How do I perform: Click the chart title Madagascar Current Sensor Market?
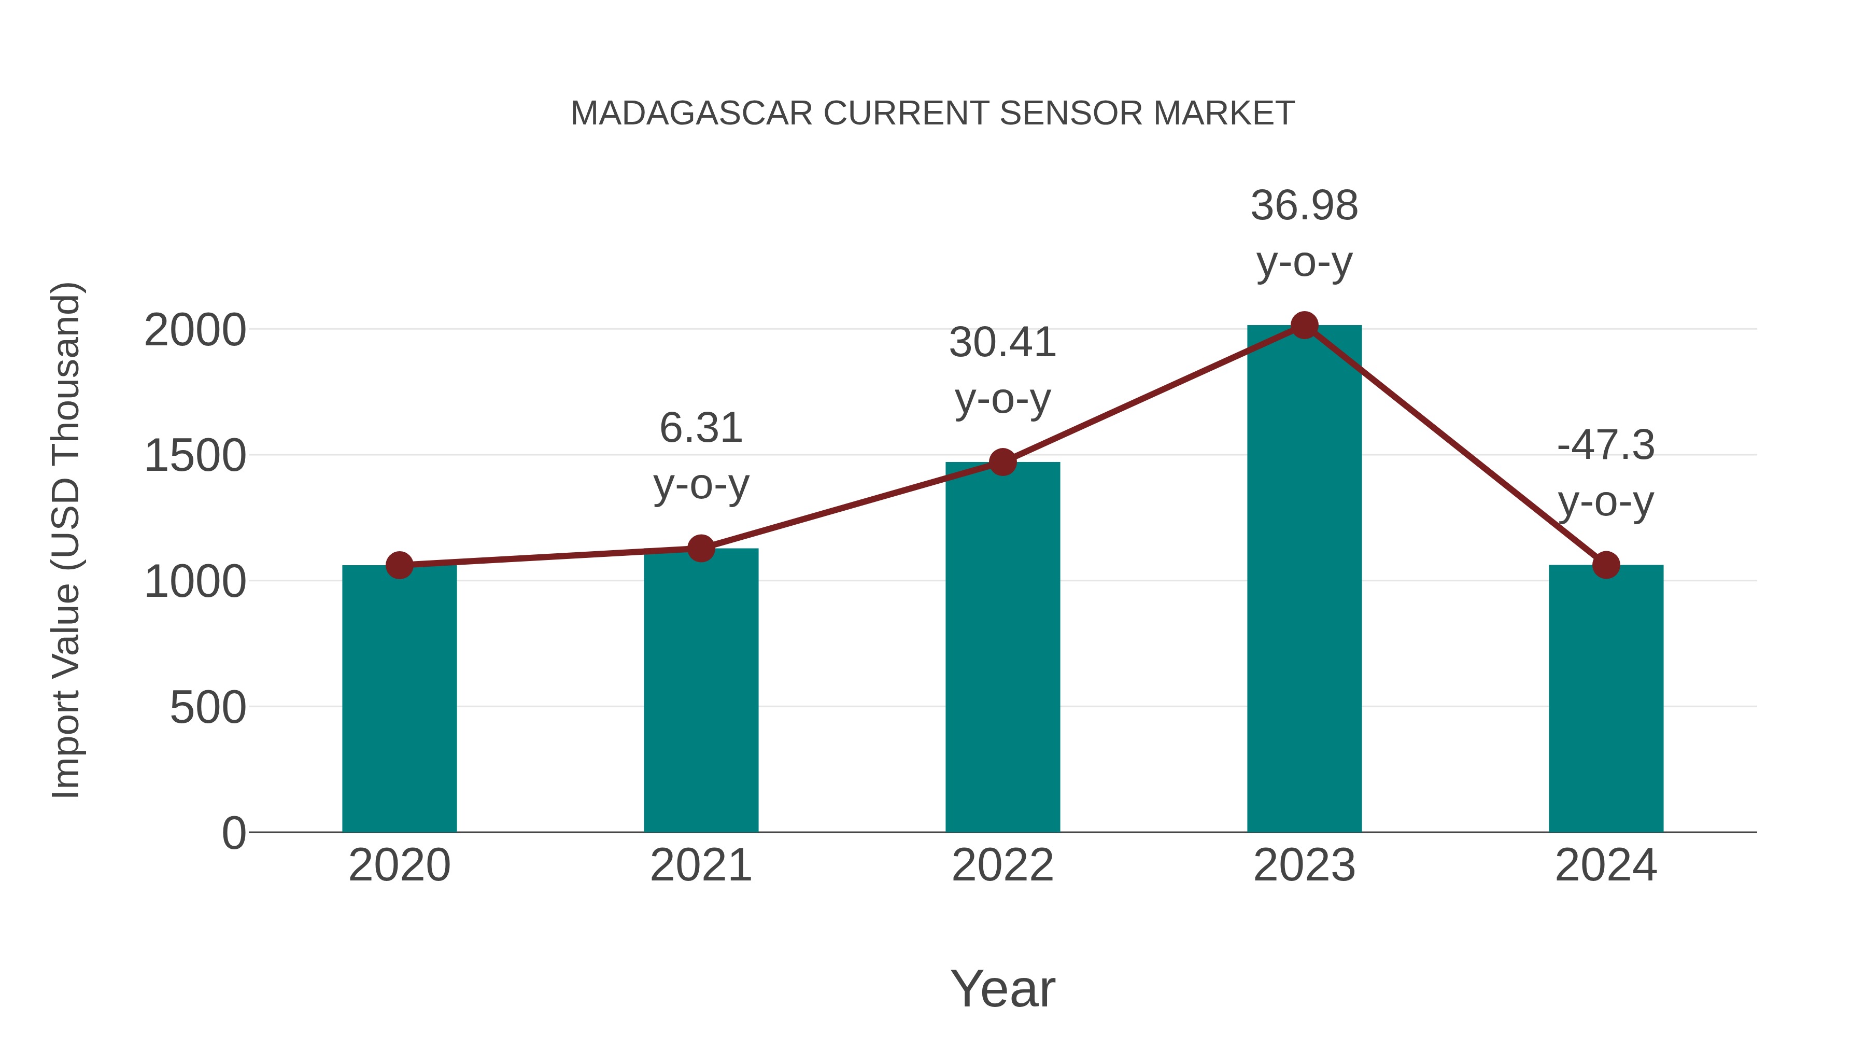click(x=932, y=113)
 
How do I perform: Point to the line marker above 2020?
click(x=399, y=565)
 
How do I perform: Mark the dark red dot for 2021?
click(x=700, y=549)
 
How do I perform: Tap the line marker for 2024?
click(x=1606, y=565)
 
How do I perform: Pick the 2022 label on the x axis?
click(x=1002, y=865)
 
